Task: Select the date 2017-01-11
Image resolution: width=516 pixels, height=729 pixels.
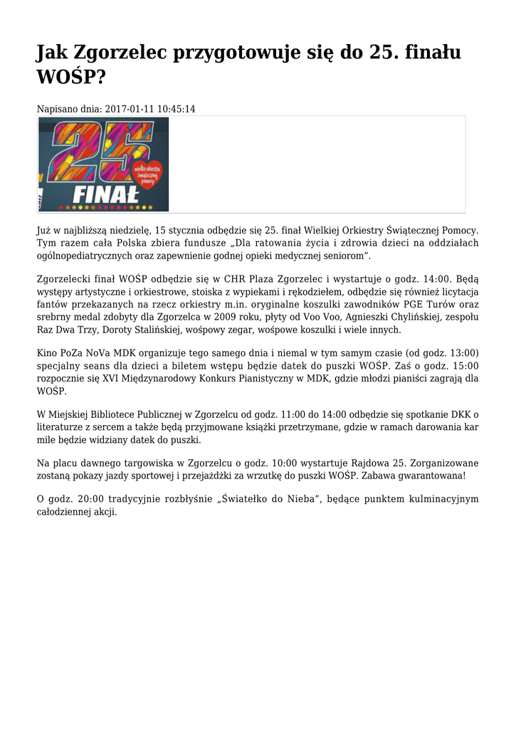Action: point(130,109)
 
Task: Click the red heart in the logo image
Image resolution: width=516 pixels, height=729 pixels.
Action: point(149,175)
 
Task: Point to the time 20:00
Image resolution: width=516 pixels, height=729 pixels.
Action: point(88,500)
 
